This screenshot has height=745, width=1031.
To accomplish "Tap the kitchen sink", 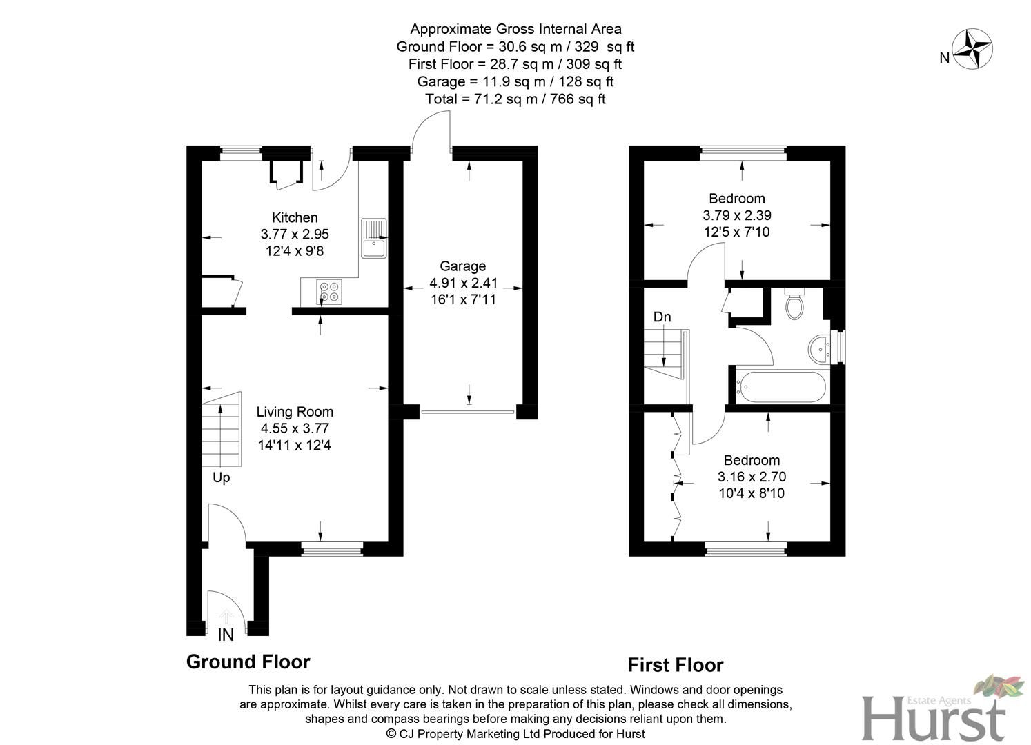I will click(x=374, y=239).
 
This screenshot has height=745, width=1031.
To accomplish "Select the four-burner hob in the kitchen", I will click(x=329, y=291).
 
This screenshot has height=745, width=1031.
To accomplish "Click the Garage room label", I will click(x=462, y=266).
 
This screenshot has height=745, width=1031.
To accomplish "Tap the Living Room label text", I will click(x=295, y=412).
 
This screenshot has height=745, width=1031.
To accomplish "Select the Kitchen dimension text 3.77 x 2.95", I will click(x=295, y=235).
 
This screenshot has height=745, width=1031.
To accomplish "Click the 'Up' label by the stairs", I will click(x=221, y=477).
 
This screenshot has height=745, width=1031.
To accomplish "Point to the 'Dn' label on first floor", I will click(x=662, y=317).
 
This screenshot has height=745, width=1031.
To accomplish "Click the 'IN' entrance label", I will click(x=226, y=635).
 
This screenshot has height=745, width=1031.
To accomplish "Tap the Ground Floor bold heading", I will click(x=248, y=662).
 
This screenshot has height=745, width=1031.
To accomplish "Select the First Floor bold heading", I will click(x=675, y=665).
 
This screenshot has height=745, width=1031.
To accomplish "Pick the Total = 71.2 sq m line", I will click(x=515, y=99).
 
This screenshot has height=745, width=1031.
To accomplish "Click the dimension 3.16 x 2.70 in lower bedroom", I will click(x=752, y=477).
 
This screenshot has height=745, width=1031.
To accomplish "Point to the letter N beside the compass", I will click(x=944, y=59).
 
